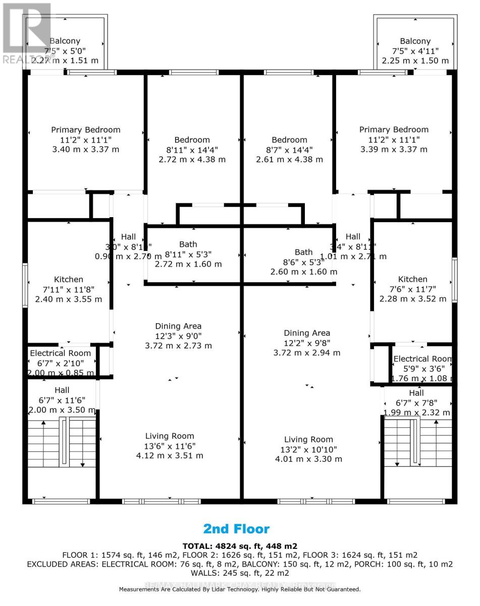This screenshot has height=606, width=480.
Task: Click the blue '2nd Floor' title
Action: [236, 529]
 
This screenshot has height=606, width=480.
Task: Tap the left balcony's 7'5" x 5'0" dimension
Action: [65, 51]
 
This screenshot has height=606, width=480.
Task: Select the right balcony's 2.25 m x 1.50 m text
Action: [415, 61]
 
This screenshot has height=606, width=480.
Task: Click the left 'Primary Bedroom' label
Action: [86, 130]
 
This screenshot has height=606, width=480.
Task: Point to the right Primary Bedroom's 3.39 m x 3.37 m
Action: [394, 149]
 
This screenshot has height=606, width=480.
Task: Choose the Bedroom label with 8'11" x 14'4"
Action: [192, 140]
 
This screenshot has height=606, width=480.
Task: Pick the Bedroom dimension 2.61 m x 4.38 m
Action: [289, 159]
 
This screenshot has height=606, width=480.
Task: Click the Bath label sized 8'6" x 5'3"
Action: [304, 252]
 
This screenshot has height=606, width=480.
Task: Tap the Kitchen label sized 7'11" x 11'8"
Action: [69, 279]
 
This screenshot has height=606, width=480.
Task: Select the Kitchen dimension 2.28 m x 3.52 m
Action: [413, 298]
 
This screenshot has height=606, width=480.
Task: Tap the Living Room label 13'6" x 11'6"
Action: [170, 436]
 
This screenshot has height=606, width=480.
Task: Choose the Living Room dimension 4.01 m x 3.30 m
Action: [308, 459]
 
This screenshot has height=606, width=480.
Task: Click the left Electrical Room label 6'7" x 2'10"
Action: [61, 353]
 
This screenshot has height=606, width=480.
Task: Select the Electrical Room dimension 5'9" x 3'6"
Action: [422, 369]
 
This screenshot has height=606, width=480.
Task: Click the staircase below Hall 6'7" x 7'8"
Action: [416, 443]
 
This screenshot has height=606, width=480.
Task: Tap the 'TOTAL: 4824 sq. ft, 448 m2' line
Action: [239, 546]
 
